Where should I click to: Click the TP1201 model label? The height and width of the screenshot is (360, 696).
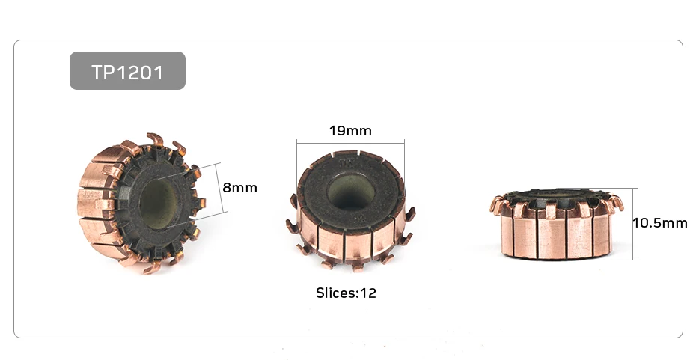(127, 72)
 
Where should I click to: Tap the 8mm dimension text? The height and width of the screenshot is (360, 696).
(239, 188)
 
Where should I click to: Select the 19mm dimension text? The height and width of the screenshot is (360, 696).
(350, 131)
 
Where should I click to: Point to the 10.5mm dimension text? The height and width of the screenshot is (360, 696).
(659, 223)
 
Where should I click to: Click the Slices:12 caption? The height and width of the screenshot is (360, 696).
(346, 293)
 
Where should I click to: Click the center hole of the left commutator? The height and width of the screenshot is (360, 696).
(159, 204)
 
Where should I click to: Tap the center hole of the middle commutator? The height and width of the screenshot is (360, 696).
(351, 192)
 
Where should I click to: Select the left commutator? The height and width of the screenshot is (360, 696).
(141, 204)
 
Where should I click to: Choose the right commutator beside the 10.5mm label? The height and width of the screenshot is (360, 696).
(557, 224)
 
